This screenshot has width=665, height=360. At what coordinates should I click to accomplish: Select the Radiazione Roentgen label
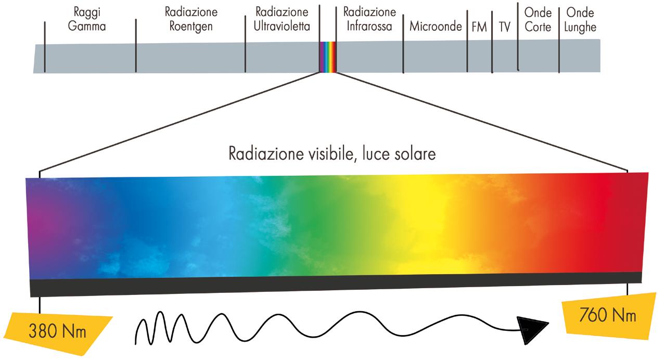point(190,19)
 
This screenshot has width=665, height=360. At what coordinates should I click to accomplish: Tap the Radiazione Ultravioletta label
point(282,19)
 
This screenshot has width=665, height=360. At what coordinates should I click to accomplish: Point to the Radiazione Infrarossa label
point(369,19)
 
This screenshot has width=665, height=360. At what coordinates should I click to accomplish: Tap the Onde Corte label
point(538,20)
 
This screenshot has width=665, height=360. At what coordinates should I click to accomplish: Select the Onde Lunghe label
point(580,20)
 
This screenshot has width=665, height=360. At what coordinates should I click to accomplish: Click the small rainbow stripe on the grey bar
point(328,57)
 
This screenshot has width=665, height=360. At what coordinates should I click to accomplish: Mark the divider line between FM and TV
point(492,44)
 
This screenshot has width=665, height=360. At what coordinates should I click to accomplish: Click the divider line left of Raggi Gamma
point(45,47)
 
